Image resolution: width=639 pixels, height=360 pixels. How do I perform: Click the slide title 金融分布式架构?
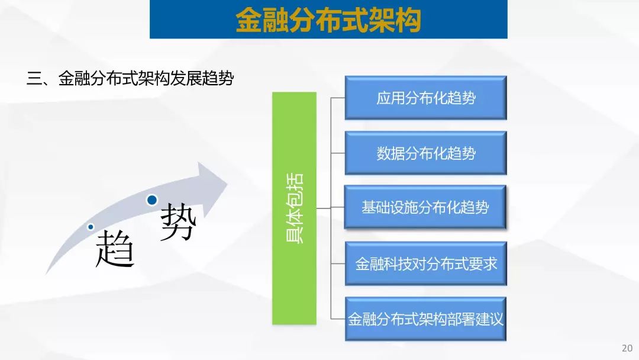point(328,19)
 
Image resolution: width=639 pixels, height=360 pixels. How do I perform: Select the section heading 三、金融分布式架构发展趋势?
point(130,78)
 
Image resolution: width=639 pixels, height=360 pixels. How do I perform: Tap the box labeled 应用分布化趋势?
point(425,98)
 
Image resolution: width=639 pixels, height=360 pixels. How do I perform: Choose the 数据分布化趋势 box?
point(425,153)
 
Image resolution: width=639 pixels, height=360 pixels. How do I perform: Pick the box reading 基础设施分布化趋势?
point(425,207)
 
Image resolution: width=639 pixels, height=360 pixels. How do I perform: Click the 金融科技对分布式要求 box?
point(425,263)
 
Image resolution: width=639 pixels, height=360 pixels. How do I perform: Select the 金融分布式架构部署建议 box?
point(425,319)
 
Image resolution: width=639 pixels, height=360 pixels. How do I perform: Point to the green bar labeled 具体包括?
point(294,208)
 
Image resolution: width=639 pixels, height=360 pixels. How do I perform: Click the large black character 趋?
point(115,248)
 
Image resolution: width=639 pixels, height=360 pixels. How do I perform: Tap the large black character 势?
point(178,222)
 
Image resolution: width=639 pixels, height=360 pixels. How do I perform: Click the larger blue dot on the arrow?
point(152,200)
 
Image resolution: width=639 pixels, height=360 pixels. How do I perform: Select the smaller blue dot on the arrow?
point(91,227)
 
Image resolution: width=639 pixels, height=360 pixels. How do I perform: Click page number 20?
point(627,348)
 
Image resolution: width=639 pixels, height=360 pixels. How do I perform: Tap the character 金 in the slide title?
point(248,20)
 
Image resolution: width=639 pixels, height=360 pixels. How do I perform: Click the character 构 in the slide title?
point(408,20)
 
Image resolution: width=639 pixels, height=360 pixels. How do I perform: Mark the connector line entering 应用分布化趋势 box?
point(338,98)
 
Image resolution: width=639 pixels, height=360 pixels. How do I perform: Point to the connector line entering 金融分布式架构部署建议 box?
point(338,319)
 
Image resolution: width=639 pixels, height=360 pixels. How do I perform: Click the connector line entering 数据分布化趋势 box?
point(338,153)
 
